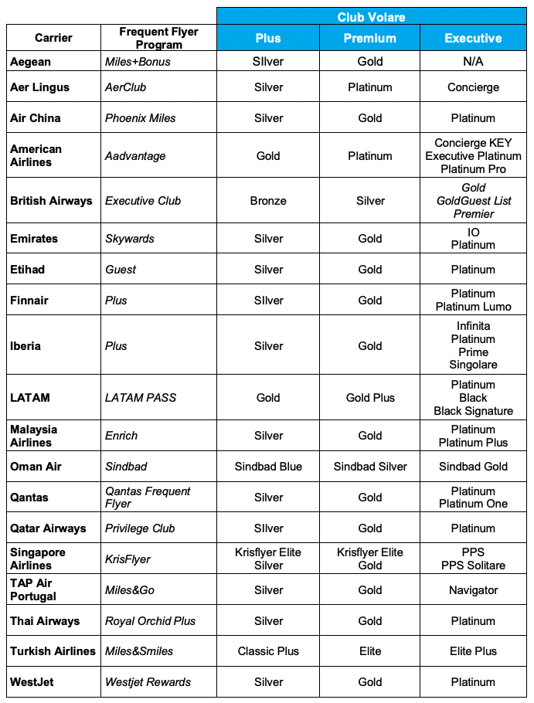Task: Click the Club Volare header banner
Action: point(371,17)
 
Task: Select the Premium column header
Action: point(370,38)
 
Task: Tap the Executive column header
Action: point(473,38)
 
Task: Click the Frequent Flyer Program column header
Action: point(158,38)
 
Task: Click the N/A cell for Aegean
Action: point(473,62)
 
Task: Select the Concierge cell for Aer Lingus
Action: point(473,87)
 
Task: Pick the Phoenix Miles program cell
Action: point(141,118)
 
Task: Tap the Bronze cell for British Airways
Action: point(268,201)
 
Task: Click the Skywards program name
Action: point(130,239)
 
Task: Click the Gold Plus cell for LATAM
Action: point(370,398)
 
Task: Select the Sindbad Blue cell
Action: point(268,467)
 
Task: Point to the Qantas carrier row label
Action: point(29,498)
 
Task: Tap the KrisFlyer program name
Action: point(128,559)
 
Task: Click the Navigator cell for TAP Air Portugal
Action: point(473,590)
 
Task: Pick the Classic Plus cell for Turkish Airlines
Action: point(268,651)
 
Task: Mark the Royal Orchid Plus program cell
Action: point(151,621)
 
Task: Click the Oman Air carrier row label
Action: point(36,467)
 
